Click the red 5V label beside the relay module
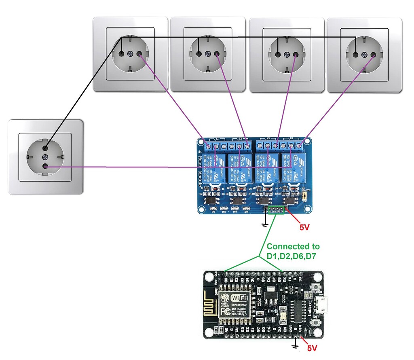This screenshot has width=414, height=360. (304, 227)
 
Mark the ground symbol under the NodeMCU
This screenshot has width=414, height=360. (295, 345)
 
